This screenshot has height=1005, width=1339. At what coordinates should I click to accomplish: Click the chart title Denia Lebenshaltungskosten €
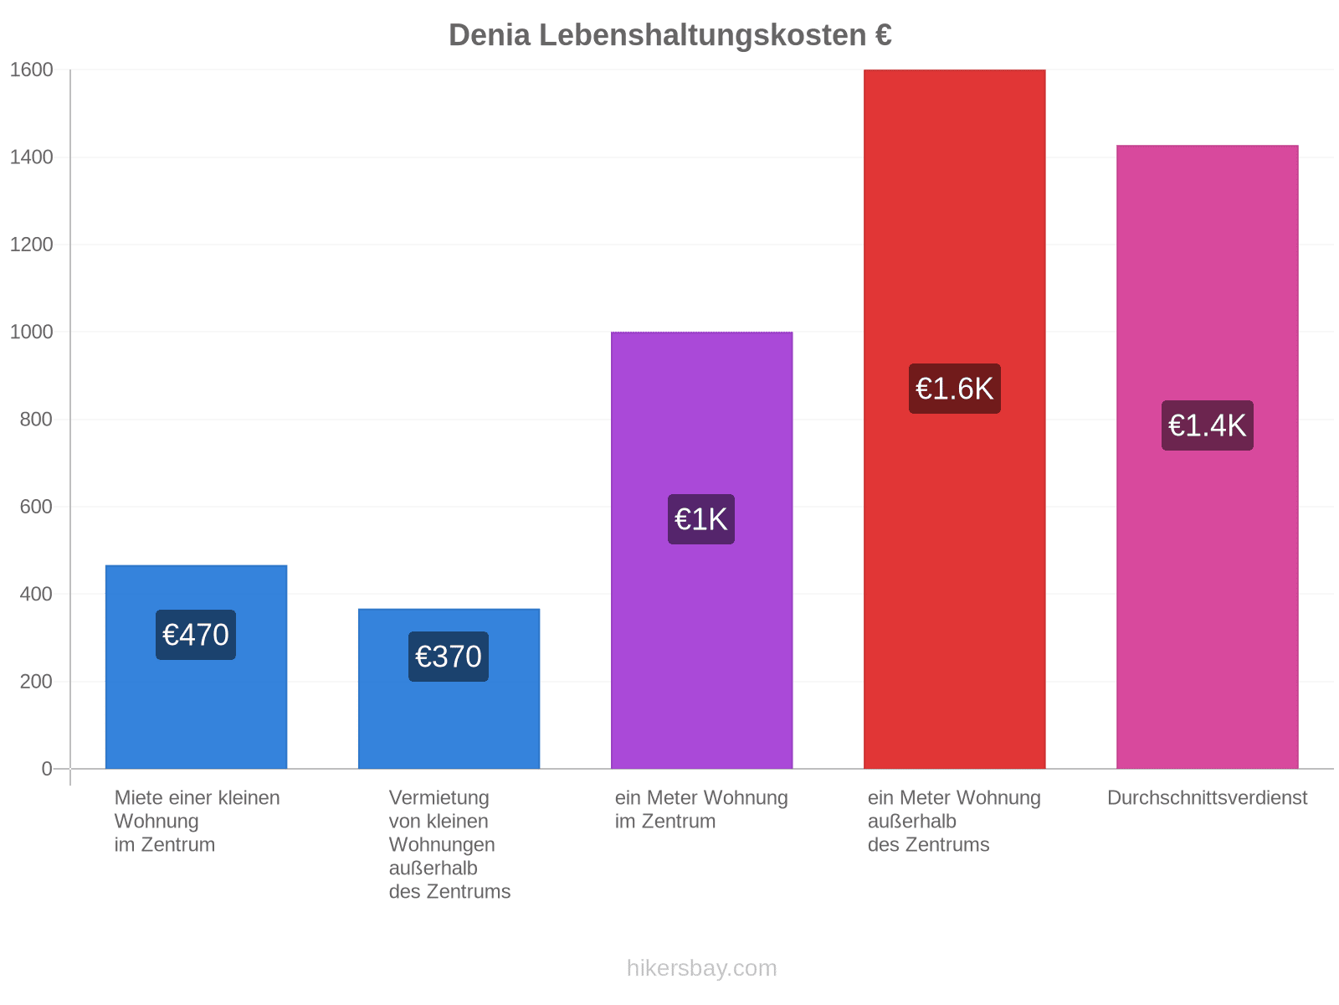pyautogui.click(x=669, y=35)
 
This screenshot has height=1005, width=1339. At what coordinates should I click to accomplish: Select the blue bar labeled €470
pyautogui.click(x=196, y=666)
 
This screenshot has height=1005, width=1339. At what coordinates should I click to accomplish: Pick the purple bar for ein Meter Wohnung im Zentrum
pyautogui.click(x=701, y=549)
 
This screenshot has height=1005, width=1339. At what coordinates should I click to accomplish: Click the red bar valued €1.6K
pyautogui.click(x=953, y=419)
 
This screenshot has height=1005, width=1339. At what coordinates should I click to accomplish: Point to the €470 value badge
pyautogui.click(x=195, y=634)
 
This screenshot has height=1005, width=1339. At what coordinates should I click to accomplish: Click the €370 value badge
pyautogui.click(x=448, y=656)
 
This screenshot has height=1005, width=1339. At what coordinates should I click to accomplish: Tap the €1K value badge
pyautogui.click(x=700, y=518)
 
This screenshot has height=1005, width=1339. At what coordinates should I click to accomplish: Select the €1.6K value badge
pyautogui.click(x=953, y=388)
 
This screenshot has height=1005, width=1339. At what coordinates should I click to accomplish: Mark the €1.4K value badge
pyautogui.click(x=1206, y=425)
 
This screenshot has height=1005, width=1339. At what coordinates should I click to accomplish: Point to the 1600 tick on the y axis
pyautogui.click(x=31, y=70)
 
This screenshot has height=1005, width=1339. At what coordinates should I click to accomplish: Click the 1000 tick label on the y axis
pyautogui.click(x=31, y=332)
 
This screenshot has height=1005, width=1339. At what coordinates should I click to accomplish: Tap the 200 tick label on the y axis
pyautogui.click(x=36, y=681)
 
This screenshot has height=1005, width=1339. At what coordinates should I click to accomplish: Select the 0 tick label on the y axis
pyautogui.click(x=47, y=768)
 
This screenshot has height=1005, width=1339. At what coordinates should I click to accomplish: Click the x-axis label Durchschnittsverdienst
pyautogui.click(x=1206, y=797)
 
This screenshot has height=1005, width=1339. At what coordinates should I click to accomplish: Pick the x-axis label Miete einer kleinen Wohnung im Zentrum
pyautogui.click(x=197, y=820)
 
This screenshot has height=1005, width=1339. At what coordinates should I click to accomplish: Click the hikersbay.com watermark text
pyautogui.click(x=701, y=967)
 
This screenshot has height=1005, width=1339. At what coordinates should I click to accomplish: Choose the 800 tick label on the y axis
pyautogui.click(x=36, y=420)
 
